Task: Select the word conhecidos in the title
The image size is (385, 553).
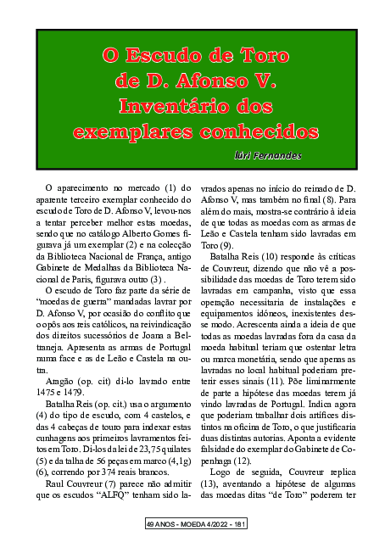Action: [x=243, y=133]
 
